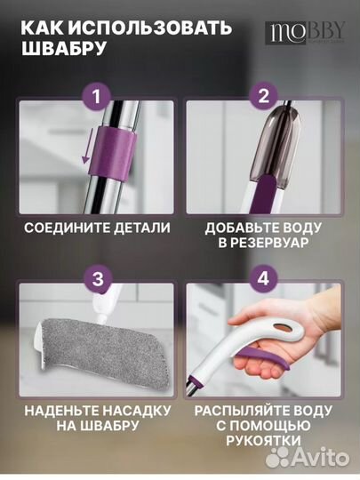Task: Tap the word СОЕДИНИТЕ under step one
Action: pyautogui.click(x=60, y=228)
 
